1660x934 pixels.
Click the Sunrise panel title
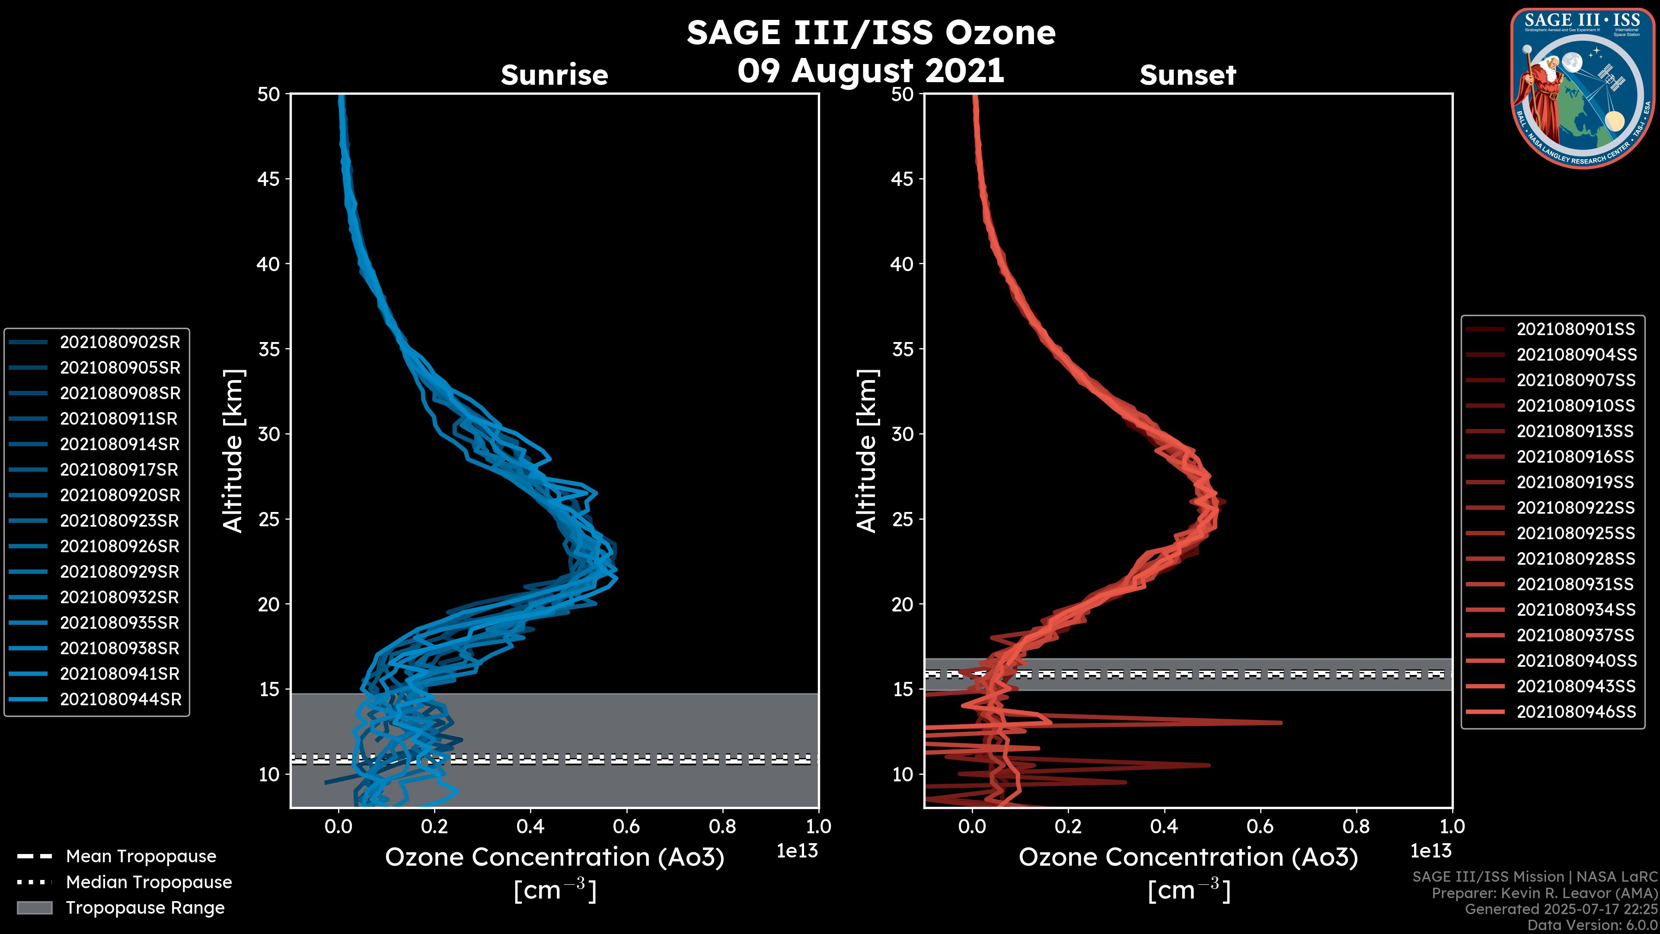(554, 75)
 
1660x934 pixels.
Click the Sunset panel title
(1188, 75)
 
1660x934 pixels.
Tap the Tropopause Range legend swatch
(35, 908)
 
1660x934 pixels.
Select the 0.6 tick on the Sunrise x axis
(626, 826)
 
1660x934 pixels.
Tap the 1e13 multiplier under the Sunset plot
(1430, 851)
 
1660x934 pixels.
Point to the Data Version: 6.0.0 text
(1592, 926)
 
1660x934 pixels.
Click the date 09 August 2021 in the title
(871, 70)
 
